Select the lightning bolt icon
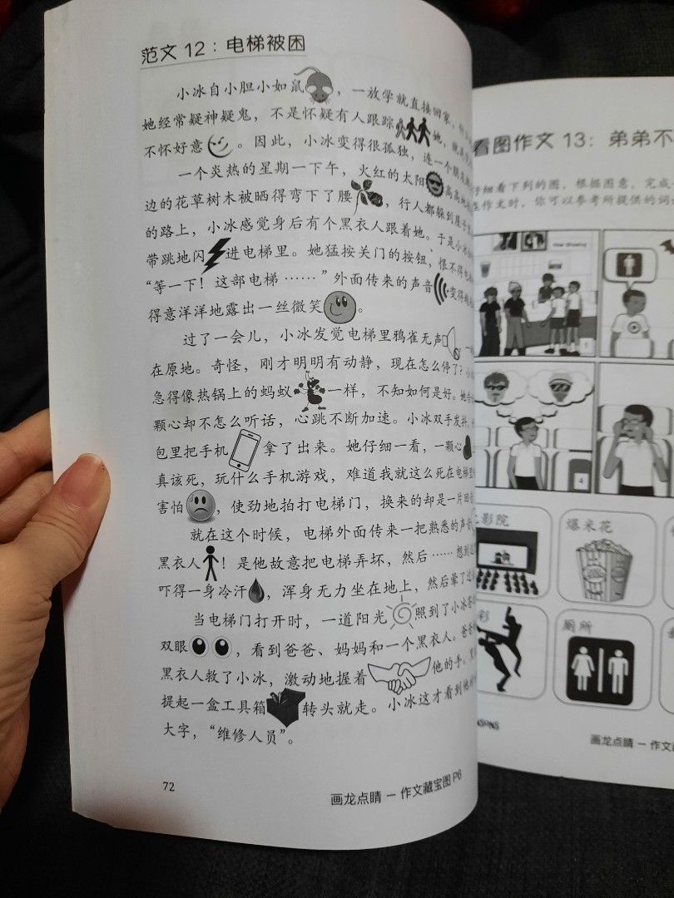click(218, 252)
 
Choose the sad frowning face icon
click(199, 504)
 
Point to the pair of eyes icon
click(211, 646)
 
